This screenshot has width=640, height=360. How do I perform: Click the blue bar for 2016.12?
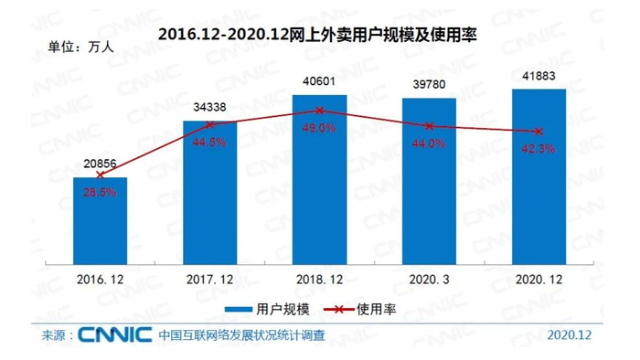[101, 219]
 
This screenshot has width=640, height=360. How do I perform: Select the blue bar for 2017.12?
[210, 192]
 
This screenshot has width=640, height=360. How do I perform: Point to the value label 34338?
[210, 108]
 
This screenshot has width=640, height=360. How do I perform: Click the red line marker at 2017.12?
[210, 123]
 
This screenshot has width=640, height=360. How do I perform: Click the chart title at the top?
[320, 35]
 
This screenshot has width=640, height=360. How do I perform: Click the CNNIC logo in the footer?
[114, 335]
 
